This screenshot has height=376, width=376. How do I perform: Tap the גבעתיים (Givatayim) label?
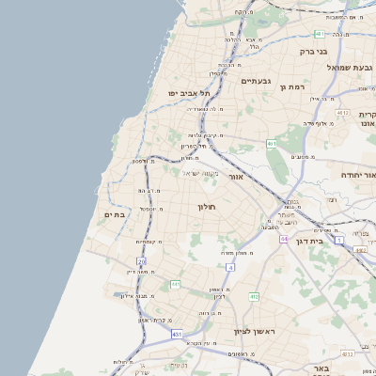[257, 81]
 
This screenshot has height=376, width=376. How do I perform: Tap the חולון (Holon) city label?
[207, 206]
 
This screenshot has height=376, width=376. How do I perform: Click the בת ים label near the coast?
[114, 215]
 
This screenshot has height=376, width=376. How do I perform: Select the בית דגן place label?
[329, 242]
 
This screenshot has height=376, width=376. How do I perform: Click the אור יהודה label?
[355, 175]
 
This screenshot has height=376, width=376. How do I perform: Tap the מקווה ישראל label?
[199, 173]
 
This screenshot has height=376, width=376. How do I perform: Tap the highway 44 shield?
[283, 240]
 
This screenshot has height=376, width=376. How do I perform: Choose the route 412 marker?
[254, 297]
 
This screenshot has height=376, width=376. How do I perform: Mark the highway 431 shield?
[177, 334]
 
